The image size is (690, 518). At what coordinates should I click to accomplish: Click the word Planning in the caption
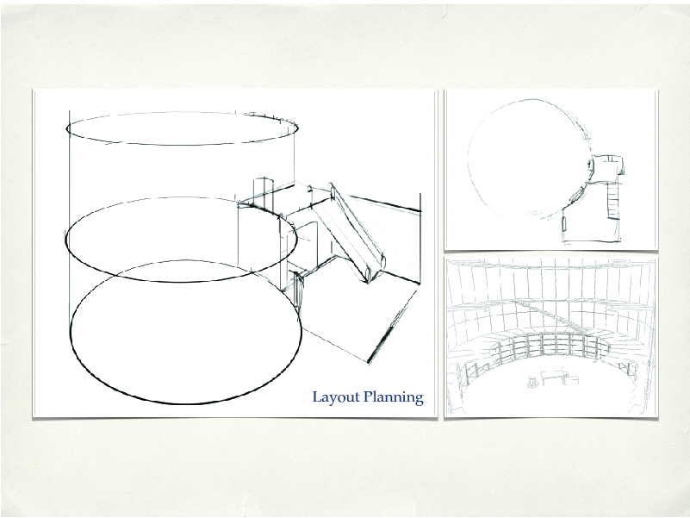point(394,397)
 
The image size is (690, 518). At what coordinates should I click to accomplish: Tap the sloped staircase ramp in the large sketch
point(357,233)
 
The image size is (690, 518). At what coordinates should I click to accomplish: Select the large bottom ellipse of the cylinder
point(185,403)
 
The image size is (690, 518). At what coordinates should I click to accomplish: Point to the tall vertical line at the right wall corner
point(420,238)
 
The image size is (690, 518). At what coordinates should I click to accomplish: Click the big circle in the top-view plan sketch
point(469,159)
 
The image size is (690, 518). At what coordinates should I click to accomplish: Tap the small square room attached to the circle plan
point(607,168)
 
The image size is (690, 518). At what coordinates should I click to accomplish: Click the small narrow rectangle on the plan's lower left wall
point(564,223)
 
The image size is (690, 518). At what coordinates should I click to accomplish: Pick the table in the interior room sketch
point(552,378)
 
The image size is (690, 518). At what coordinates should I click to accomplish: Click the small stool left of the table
point(532,382)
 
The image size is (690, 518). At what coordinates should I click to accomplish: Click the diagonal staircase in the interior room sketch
point(550,316)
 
